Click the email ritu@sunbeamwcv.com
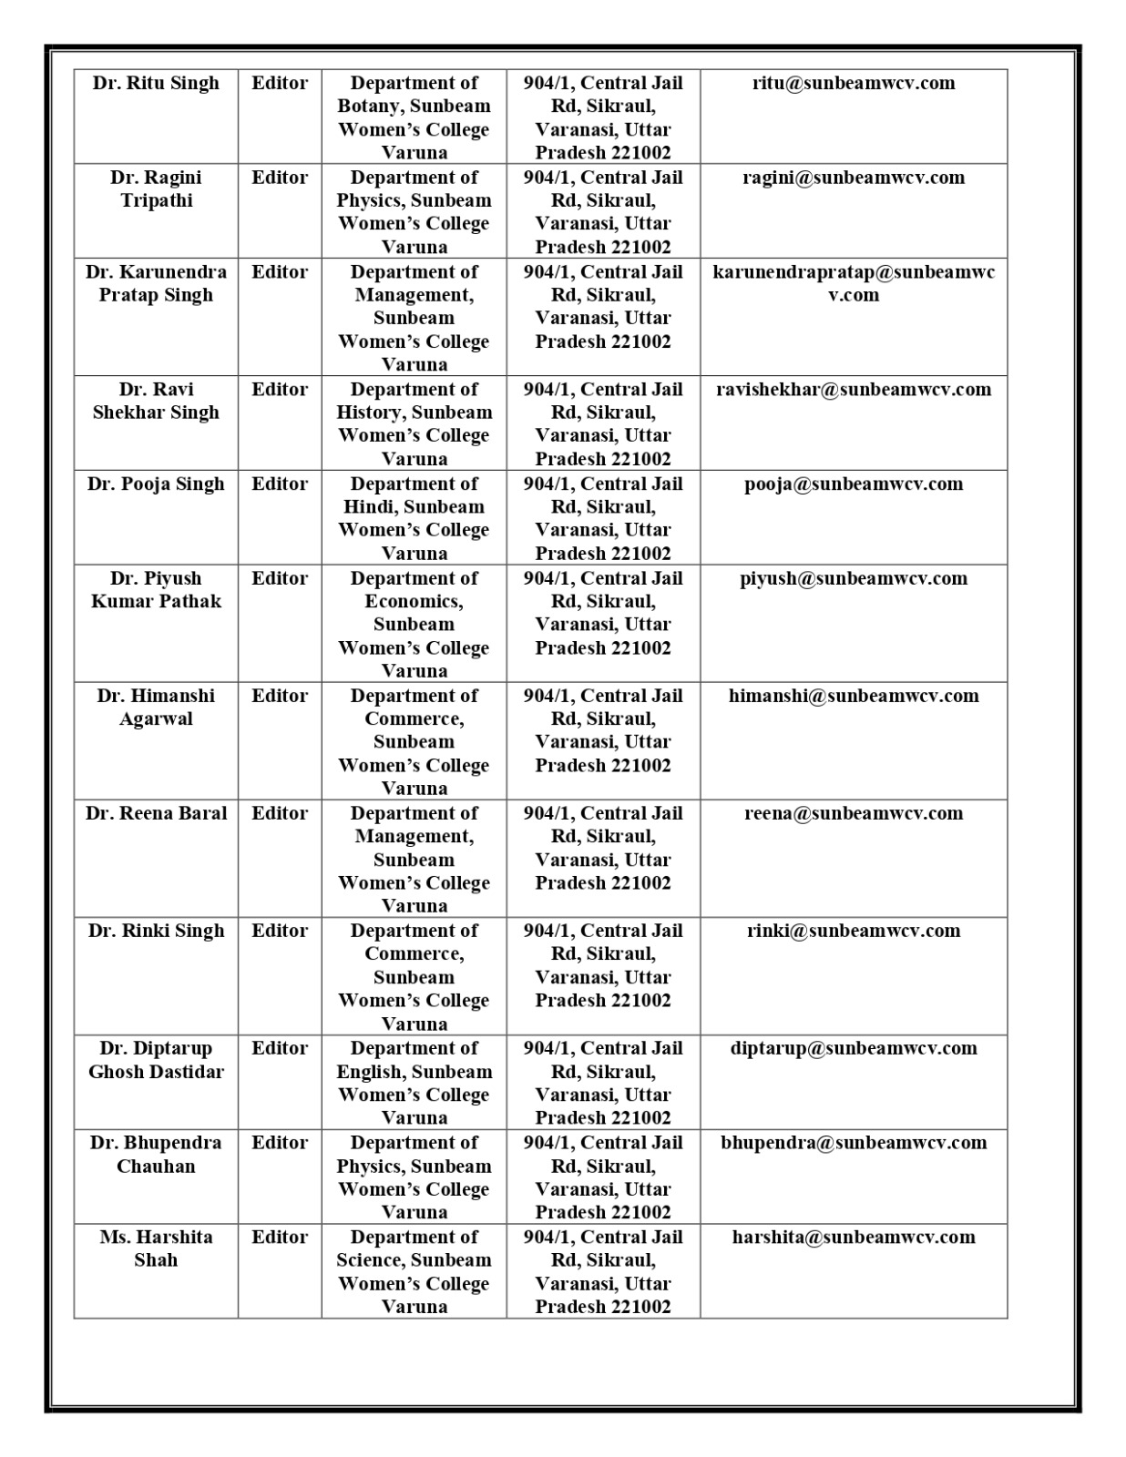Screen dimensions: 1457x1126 pos(854,83)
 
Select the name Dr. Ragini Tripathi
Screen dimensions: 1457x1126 pos(156,188)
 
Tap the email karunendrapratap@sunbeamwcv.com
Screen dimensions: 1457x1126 pos(854,283)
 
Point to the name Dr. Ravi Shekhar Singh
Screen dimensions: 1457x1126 pos(156,401)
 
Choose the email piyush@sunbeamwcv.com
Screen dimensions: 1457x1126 pos(854,578)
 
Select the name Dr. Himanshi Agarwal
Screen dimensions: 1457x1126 pos(156,707)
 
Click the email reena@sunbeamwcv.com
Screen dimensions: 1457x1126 pos(854,813)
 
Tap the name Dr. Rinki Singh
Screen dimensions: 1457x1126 pos(156,931)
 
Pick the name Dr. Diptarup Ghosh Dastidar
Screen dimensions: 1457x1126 pos(156,1060)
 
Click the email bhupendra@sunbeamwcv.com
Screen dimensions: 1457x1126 pos(854,1143)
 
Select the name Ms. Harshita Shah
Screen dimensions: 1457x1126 pos(156,1248)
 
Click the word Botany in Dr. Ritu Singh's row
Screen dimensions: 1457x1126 pos(370,107)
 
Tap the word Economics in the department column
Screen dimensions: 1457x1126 pos(413,602)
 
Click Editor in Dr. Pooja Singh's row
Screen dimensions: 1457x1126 pos(280,484)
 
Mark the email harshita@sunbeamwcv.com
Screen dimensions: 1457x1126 pos(854,1238)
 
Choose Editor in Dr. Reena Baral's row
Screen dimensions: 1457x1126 pos(280,813)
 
